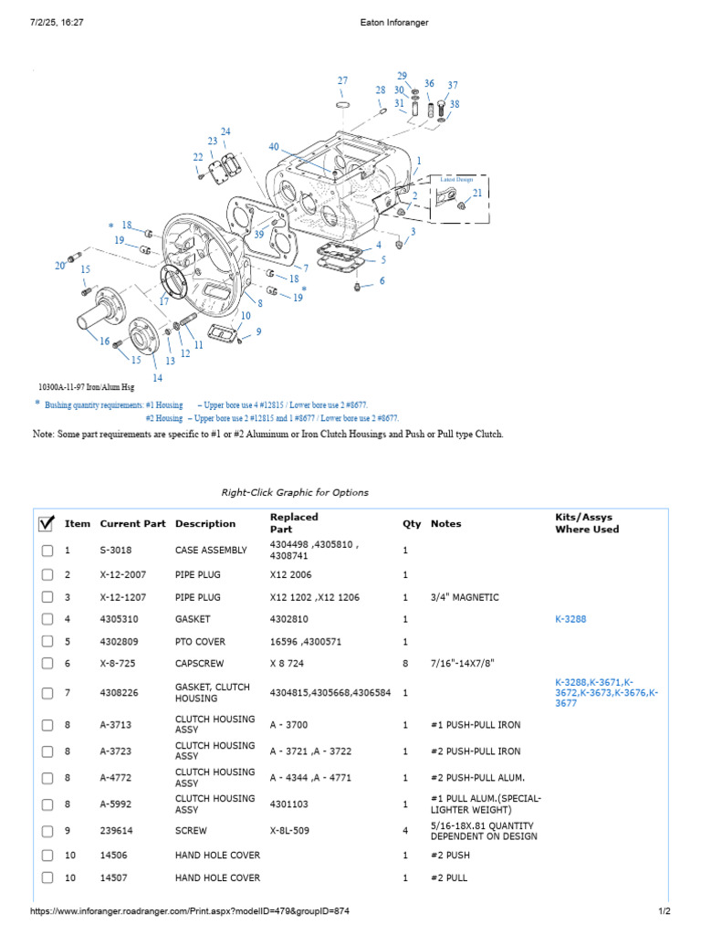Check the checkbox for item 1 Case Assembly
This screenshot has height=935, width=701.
tap(47, 551)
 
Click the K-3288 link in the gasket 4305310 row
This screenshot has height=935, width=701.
tap(570, 619)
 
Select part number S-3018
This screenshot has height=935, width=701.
tap(116, 550)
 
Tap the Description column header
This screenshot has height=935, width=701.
tap(205, 523)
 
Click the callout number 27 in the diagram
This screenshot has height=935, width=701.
tap(343, 80)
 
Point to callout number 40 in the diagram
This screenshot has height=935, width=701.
tap(274, 147)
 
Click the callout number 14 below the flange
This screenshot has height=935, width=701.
tap(157, 377)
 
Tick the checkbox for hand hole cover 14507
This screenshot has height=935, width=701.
tap(47, 877)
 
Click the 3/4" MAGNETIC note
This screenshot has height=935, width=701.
tap(465, 597)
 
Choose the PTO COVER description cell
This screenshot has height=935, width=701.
tap(200, 642)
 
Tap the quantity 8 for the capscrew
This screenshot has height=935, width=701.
tap(405, 663)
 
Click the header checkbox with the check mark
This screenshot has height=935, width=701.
tap(47, 523)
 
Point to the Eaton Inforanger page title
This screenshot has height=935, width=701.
tap(394, 23)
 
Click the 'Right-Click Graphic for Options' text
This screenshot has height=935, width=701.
tap(295, 492)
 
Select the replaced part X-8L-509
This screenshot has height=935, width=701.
tap(289, 831)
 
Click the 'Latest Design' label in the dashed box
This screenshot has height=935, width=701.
tap(456, 179)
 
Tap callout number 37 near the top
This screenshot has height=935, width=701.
tap(453, 85)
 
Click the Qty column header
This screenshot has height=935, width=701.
tap(412, 523)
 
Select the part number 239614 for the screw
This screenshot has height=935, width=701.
tap(116, 831)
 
